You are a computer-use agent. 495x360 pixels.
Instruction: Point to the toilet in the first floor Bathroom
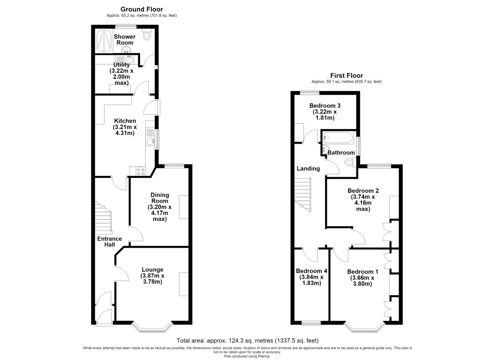[350, 162]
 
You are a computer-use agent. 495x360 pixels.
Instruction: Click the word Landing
[308, 169]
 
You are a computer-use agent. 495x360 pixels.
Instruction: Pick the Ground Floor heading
[141, 9]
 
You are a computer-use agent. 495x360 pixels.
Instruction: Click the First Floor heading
[346, 75]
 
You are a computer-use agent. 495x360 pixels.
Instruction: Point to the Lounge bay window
[152, 328]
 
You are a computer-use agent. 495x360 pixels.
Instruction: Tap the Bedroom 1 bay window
[365, 328]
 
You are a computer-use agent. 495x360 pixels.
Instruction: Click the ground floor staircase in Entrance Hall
[104, 218]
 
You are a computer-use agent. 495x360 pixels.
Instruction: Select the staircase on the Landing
[303, 195]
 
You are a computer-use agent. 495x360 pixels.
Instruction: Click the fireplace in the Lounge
[184, 284]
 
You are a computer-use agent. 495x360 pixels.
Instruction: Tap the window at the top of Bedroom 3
[310, 93]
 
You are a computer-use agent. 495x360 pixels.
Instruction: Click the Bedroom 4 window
[311, 323]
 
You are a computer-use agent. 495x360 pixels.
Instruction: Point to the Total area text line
[247, 341]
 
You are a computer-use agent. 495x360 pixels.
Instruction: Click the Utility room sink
[129, 59]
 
